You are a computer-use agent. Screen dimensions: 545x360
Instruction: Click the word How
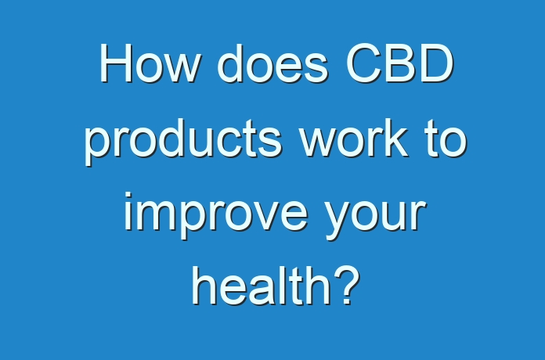[x=150, y=63]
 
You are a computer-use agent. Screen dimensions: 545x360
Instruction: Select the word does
[x=272, y=63]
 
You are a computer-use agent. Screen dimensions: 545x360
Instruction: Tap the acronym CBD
[x=400, y=63]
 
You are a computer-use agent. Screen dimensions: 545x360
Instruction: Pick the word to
[x=446, y=139]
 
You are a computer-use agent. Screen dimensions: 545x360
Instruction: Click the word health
[x=261, y=286]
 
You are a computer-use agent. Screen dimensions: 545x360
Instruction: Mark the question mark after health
[x=347, y=286]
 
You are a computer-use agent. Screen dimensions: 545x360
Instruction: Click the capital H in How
[x=116, y=63]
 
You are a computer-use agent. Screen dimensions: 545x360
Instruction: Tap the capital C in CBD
[x=363, y=63]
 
